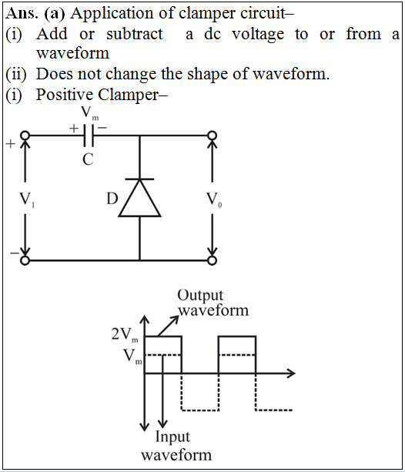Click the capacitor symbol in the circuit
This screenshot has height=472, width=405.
tap(89, 136)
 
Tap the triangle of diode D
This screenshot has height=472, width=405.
tap(139, 198)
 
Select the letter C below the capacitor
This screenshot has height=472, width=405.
tap(89, 159)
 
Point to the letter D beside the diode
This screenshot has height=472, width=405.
tap(112, 199)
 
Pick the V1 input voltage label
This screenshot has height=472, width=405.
tap(27, 199)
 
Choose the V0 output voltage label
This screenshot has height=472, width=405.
tap(214, 199)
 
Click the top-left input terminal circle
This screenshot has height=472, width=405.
tap(25, 136)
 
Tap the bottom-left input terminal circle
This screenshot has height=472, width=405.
tap(25, 260)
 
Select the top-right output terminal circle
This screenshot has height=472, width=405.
tap(213, 136)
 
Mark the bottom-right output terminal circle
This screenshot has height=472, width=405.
tap(213, 260)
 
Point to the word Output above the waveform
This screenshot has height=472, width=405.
tap(200, 296)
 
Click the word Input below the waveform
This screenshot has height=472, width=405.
tap(172, 437)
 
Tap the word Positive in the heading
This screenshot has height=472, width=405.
tap(65, 95)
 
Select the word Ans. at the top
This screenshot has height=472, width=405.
tap(22, 14)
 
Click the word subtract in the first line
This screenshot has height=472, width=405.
tap(135, 34)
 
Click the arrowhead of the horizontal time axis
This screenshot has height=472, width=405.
tap(291, 373)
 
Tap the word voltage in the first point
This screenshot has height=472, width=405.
tap(258, 35)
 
